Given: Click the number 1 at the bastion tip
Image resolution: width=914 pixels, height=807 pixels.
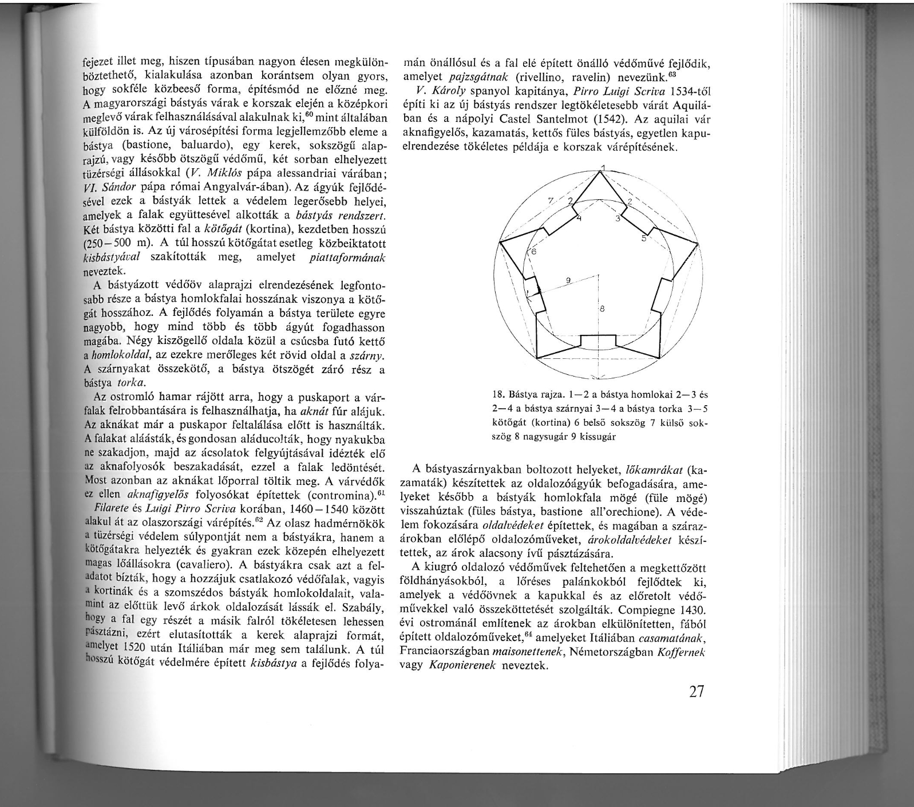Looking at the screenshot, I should (x=603, y=168).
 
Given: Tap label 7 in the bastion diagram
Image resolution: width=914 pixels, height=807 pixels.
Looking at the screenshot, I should (x=551, y=201).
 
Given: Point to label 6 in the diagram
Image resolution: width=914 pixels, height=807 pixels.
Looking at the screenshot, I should (x=533, y=252).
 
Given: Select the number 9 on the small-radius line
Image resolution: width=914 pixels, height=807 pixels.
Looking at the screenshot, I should (x=568, y=280).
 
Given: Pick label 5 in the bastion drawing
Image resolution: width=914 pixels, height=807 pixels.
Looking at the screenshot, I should (x=643, y=238).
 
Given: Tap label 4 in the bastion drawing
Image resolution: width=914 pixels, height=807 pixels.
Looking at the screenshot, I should (x=579, y=219).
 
